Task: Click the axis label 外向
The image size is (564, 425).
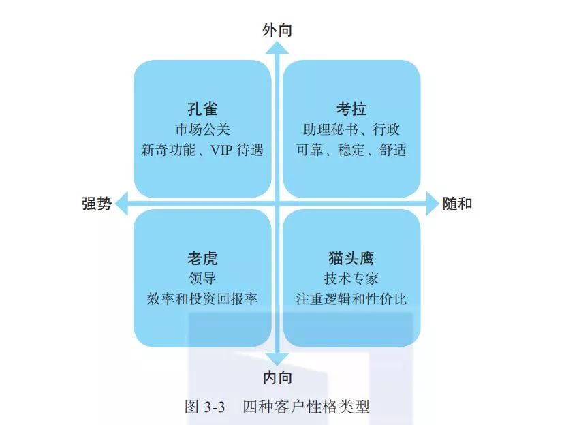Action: tap(277, 29)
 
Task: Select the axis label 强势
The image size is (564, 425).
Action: tap(96, 204)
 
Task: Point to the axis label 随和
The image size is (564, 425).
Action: tap(457, 204)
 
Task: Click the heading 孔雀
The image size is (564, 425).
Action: tap(202, 109)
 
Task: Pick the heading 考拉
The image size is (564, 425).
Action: tap(351, 109)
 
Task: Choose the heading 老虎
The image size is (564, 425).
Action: tap(202, 259)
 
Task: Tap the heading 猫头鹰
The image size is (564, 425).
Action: tap(351, 259)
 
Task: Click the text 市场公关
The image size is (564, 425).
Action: tap(202, 129)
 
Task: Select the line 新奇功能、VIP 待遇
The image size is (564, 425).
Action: tap(202, 150)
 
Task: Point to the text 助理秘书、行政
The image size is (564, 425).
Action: tap(351, 129)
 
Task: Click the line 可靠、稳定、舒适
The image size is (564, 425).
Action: tap(351, 150)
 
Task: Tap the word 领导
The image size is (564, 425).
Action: tap(202, 279)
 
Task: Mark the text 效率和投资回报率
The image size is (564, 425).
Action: tap(202, 299)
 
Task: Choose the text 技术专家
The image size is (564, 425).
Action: tap(351, 279)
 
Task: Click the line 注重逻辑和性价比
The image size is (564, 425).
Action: tap(351, 299)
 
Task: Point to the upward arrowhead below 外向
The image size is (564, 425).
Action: tap(277, 48)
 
